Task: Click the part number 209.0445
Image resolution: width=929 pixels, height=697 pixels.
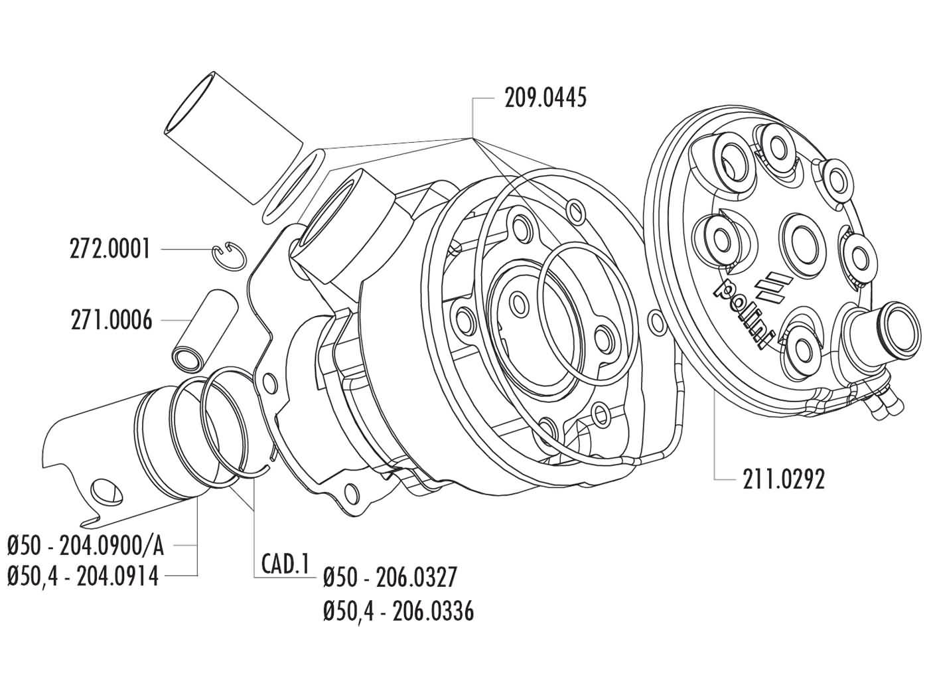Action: point(545,99)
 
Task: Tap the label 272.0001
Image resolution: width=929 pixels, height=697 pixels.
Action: point(110,250)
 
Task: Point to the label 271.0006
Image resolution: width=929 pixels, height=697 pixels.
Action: point(110,321)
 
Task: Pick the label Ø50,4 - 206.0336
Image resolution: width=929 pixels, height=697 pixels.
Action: point(398,611)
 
